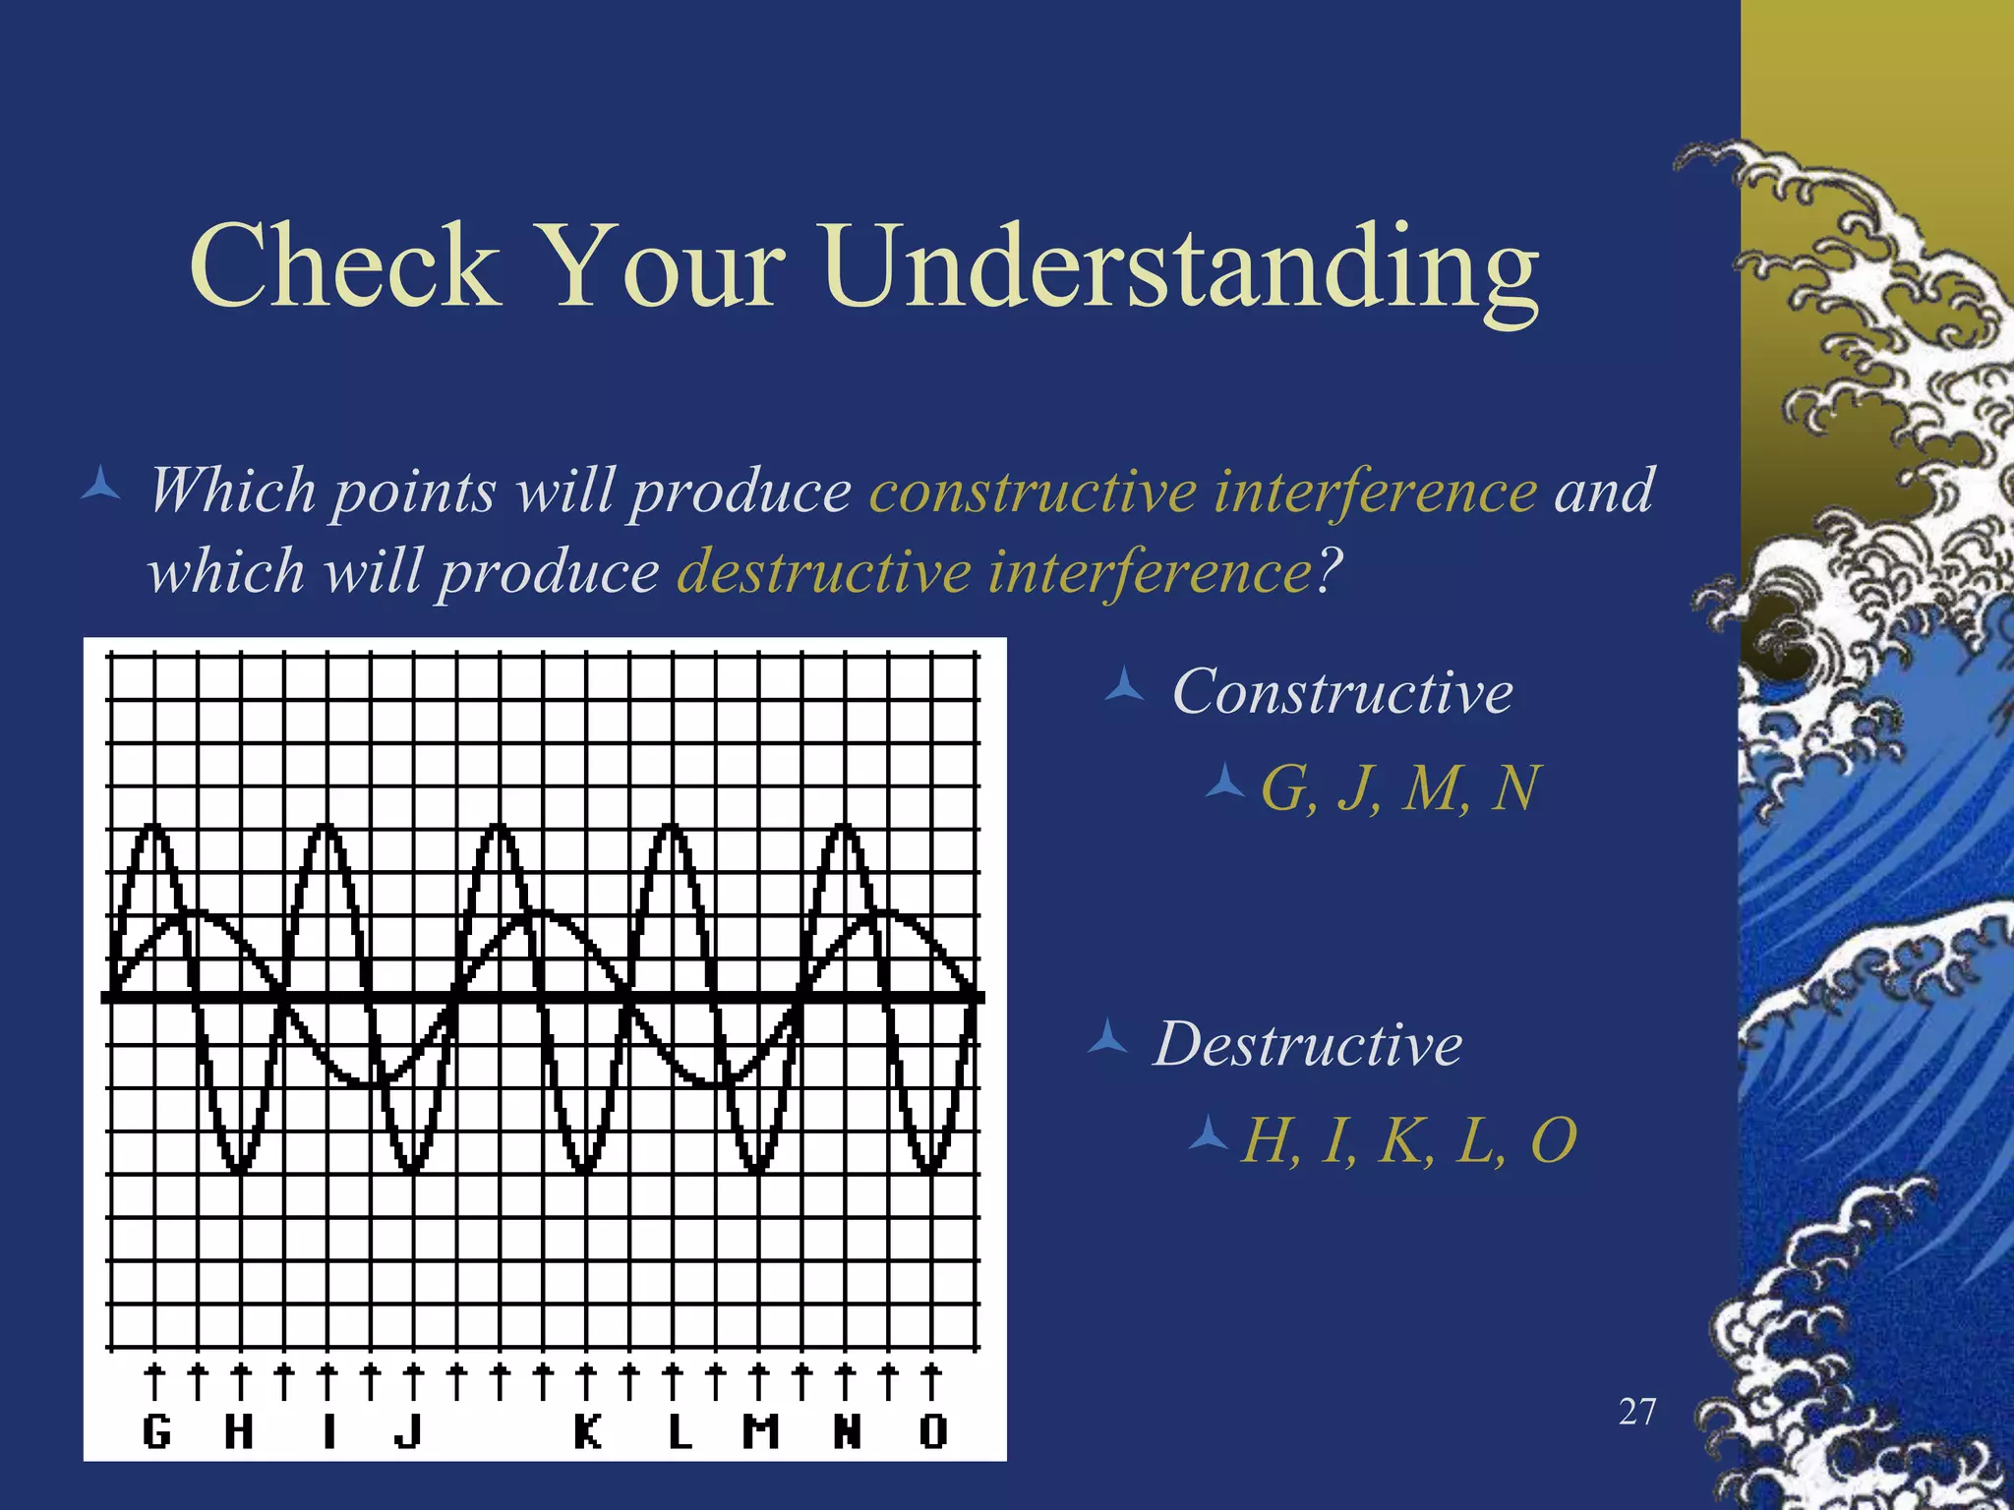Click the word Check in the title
click(344, 265)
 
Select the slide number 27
click(1637, 1412)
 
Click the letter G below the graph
click(156, 1431)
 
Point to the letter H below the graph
click(239, 1431)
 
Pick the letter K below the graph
click(588, 1431)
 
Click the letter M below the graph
click(760, 1431)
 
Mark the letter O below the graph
click(933, 1431)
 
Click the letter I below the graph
click(328, 1431)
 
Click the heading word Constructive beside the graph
click(1342, 691)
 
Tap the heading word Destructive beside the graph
click(1308, 1043)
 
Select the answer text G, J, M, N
click(1400, 787)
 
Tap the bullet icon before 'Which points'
click(100, 486)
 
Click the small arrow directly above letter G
click(154, 1380)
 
